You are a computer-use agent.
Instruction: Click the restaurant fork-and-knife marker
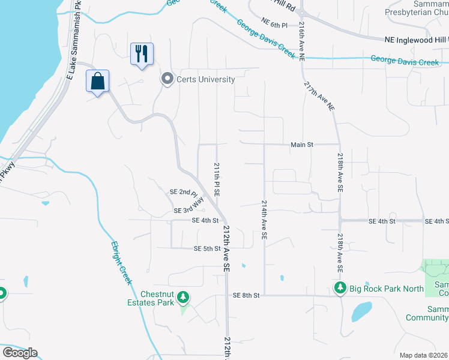(142, 54)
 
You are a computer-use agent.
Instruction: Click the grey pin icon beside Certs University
(167, 79)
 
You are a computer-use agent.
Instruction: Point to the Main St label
(302, 145)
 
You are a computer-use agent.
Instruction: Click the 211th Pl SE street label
(217, 179)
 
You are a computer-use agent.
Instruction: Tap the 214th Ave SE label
(264, 221)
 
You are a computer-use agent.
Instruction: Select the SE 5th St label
(208, 248)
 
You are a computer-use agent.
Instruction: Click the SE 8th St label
(246, 295)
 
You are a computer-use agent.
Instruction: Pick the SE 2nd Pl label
(184, 192)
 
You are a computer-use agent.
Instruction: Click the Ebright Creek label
(121, 263)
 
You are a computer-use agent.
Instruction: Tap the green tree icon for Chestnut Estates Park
(184, 297)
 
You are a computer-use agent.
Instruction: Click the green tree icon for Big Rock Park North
(340, 289)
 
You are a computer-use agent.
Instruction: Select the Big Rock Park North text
(388, 289)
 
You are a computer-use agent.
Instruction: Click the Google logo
(20, 353)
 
